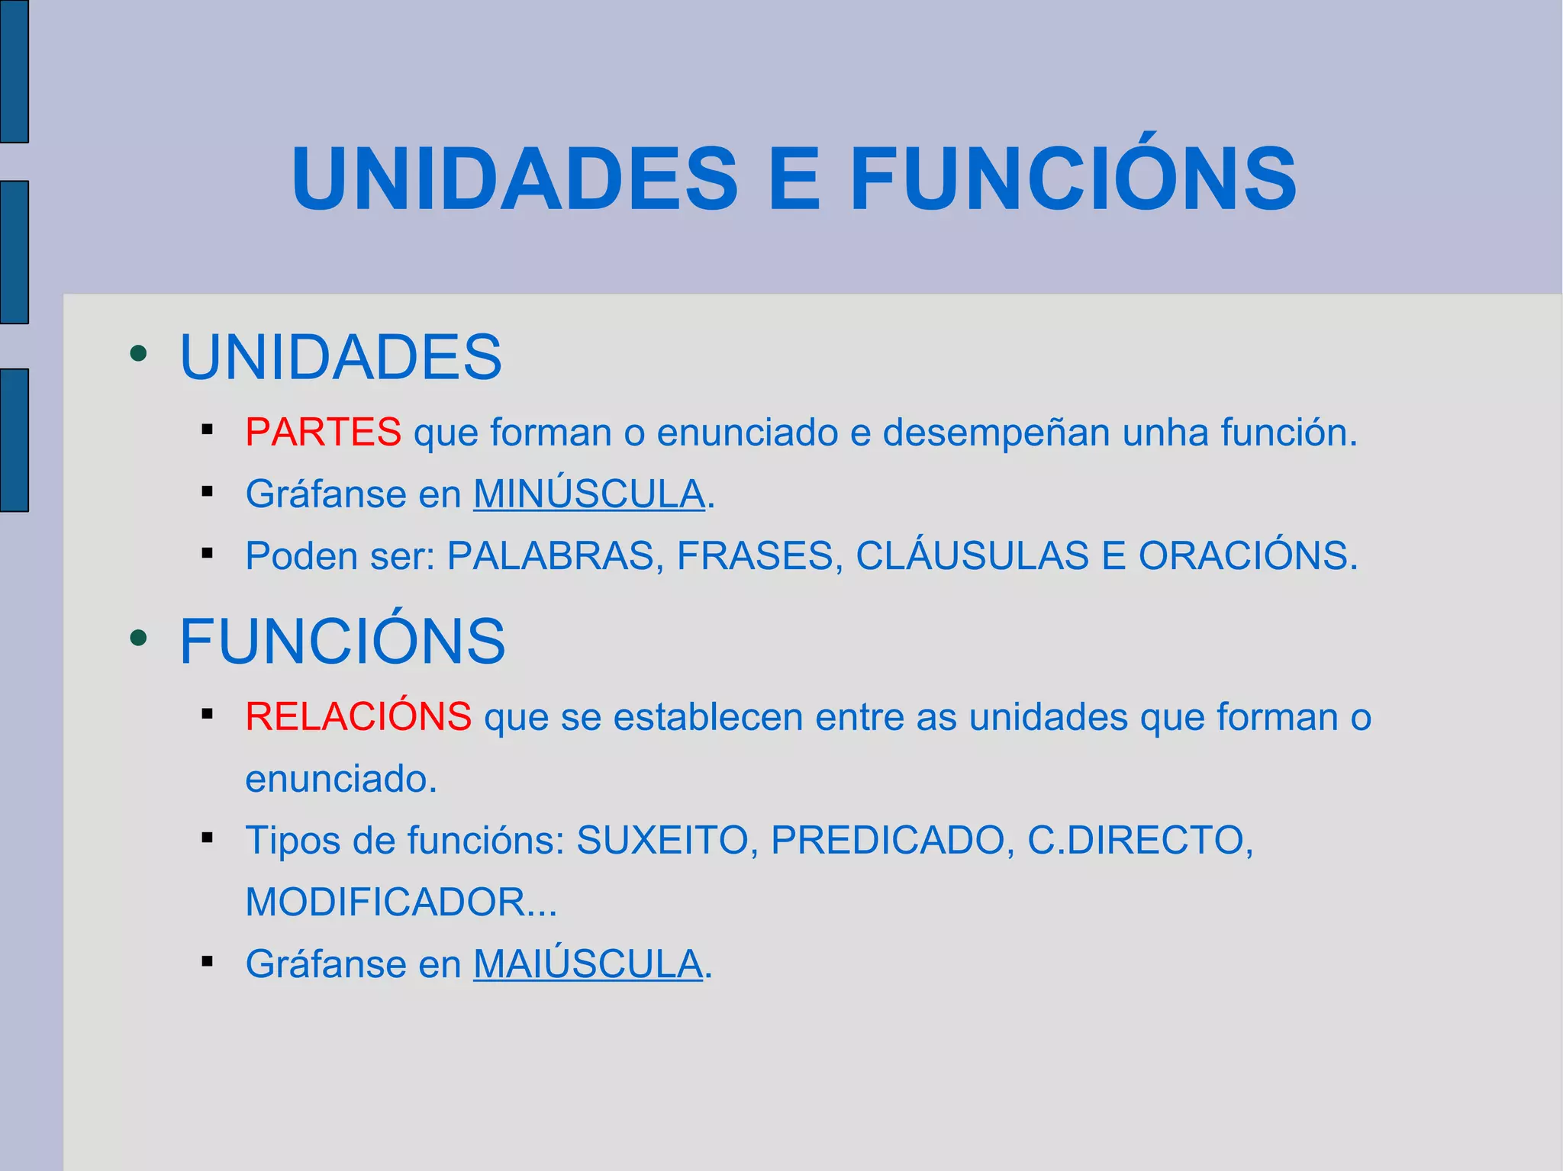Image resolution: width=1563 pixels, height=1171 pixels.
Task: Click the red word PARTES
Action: click(323, 433)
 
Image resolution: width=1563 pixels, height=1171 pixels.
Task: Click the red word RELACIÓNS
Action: click(358, 717)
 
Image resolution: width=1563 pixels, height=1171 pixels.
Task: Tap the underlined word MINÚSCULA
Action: click(588, 494)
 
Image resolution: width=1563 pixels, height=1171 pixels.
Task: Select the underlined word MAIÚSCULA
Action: click(588, 964)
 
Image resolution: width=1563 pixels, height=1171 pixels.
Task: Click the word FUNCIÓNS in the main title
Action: click(1072, 179)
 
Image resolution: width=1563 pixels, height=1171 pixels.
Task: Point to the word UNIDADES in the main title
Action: click(514, 179)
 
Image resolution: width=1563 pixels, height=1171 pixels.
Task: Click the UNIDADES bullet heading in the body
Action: click(340, 357)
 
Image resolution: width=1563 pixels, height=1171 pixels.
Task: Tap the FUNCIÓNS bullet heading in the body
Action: click(342, 642)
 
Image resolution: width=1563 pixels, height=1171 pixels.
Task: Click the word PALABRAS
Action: click(550, 556)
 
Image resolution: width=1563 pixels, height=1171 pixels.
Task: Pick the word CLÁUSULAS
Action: click(972, 556)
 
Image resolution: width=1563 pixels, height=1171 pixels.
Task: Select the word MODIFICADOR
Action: click(385, 902)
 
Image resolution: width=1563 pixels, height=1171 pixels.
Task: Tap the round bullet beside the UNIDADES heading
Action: click(138, 353)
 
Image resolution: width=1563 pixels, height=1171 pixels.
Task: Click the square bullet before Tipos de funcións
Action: click(207, 838)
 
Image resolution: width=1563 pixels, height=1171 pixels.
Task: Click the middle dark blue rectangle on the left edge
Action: click(14, 253)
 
